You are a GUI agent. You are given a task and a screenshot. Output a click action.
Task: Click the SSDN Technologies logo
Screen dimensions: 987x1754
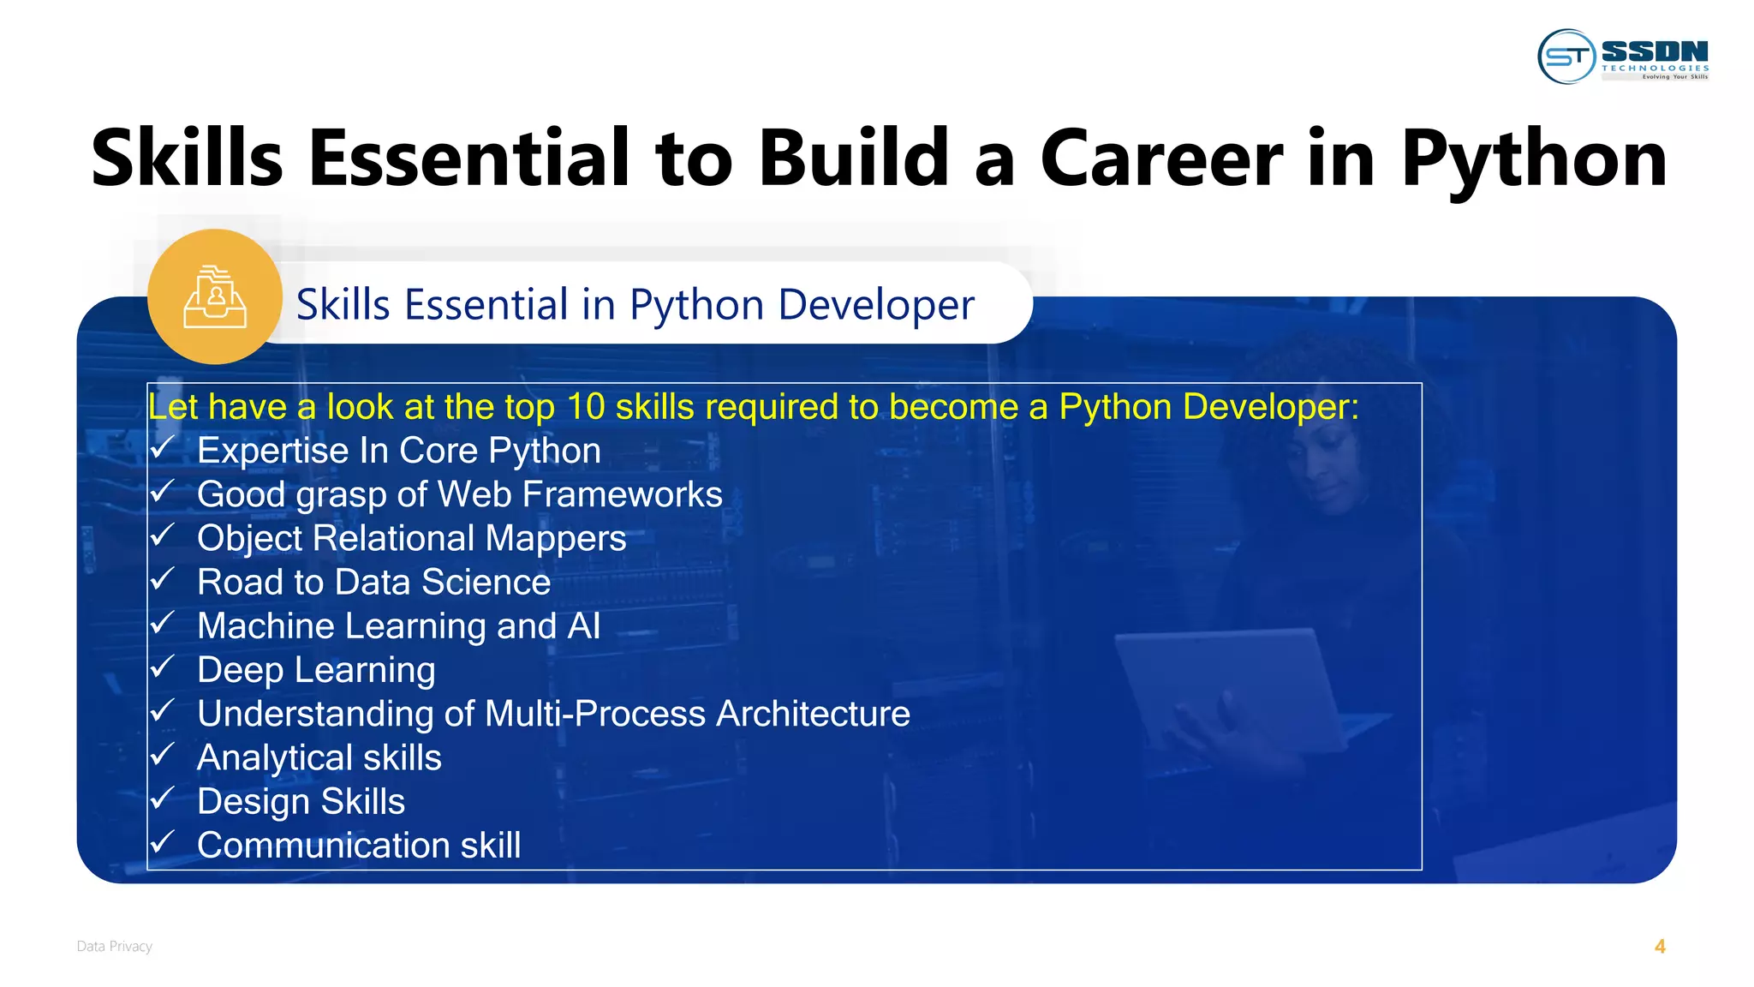click(1623, 57)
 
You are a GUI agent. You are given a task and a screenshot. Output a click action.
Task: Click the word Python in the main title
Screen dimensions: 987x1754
click(1533, 159)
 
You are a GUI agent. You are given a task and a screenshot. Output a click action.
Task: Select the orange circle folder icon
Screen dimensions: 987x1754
click(215, 296)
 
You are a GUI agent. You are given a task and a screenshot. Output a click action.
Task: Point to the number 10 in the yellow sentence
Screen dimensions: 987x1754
click(586, 407)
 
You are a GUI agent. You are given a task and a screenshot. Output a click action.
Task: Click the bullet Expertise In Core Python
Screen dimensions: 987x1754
click(398, 452)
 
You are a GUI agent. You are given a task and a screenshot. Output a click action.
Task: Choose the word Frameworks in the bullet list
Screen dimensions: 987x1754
click(622, 494)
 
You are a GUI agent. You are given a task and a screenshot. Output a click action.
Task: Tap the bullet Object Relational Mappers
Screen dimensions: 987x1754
click(411, 539)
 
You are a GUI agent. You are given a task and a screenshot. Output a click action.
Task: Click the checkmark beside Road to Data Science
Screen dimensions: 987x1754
click(162, 580)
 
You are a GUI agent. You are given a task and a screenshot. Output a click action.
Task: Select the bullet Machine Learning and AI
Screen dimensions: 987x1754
click(398, 626)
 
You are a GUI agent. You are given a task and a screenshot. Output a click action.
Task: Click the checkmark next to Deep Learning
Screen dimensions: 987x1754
click(162, 667)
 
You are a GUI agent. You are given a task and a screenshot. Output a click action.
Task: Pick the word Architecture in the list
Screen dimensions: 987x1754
click(813, 714)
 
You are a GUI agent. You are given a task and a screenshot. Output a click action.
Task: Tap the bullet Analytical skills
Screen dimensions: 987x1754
click(319, 758)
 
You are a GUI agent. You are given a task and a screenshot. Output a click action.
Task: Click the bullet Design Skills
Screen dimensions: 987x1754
click(301, 802)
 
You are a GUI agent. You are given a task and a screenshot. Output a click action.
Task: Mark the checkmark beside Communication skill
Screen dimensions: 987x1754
click(162, 843)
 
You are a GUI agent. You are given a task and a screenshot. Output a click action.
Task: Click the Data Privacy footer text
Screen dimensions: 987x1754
click(114, 946)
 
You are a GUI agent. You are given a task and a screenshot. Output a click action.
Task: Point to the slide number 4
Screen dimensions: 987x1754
click(1660, 946)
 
